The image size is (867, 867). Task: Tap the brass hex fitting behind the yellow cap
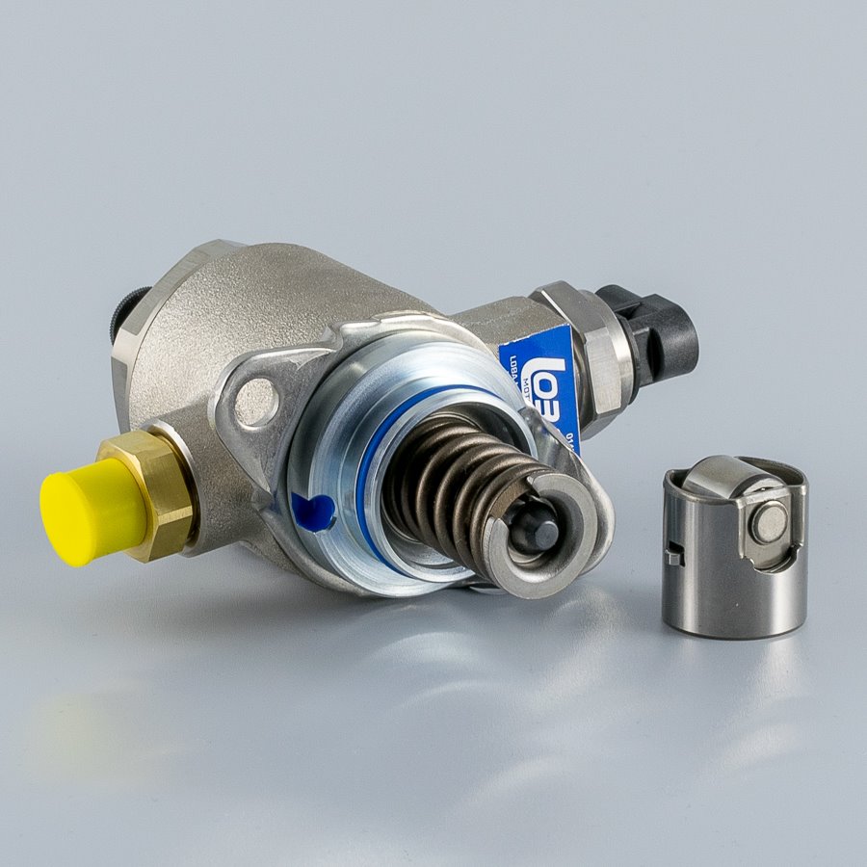coord(164,491)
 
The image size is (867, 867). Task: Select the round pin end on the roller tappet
coord(770,523)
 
